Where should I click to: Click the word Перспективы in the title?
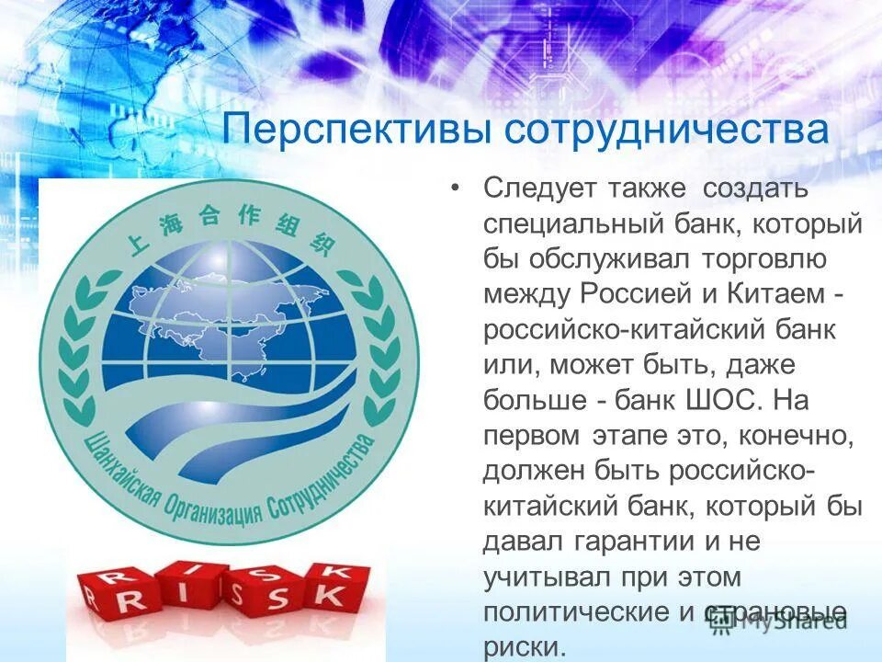pos(354,130)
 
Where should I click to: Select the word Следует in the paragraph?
pos(540,188)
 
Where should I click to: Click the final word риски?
pos(521,646)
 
